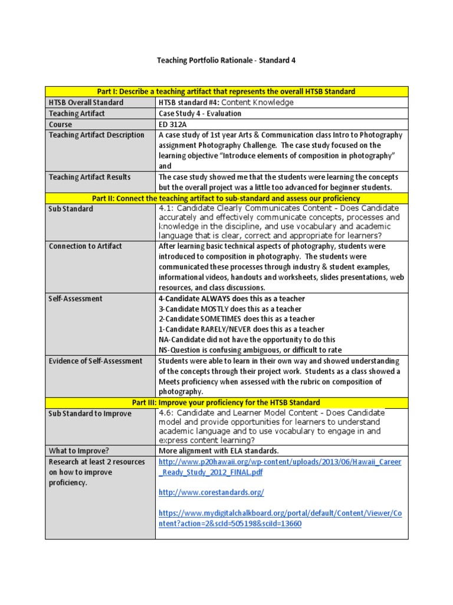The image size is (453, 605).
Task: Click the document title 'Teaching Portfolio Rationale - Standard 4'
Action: pyautogui.click(x=226, y=60)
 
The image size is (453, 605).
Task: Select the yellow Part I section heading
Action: pyautogui.click(x=226, y=91)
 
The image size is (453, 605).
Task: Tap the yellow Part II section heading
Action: pyautogui.click(x=226, y=199)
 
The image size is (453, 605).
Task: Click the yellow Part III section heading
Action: pyautogui.click(x=226, y=402)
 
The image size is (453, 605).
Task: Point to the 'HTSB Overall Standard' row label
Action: pyautogui.click(x=86, y=102)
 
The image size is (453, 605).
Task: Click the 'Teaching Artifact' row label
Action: pyautogui.click(x=77, y=113)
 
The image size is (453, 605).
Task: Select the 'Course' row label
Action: pyautogui.click(x=61, y=125)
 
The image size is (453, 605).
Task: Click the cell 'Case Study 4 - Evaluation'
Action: pyautogui.click(x=200, y=113)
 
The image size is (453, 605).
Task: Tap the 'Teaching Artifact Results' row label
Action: pyautogui.click(x=90, y=177)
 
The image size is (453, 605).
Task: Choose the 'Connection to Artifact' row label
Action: pyautogui.click(x=86, y=246)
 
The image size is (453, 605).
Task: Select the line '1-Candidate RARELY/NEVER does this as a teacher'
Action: pyautogui.click(x=241, y=329)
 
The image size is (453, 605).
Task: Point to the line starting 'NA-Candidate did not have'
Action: pyautogui.click(x=247, y=340)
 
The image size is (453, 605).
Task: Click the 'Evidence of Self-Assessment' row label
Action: pyautogui.click(x=96, y=361)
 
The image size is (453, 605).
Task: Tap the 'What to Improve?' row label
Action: pyautogui.click(x=78, y=451)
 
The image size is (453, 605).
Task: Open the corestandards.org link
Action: pyautogui.click(x=211, y=493)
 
